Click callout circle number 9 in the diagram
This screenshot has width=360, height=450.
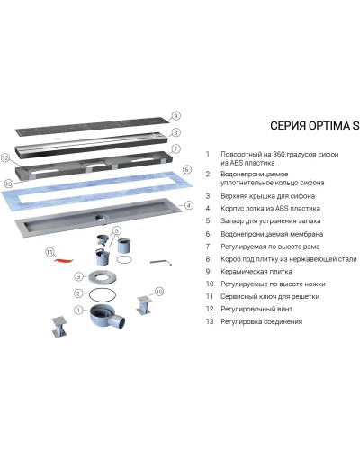176,116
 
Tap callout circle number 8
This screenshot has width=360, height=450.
176,132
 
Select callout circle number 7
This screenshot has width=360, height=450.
176,148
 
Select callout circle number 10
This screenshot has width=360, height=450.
159,292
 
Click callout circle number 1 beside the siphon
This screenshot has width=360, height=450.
78,311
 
